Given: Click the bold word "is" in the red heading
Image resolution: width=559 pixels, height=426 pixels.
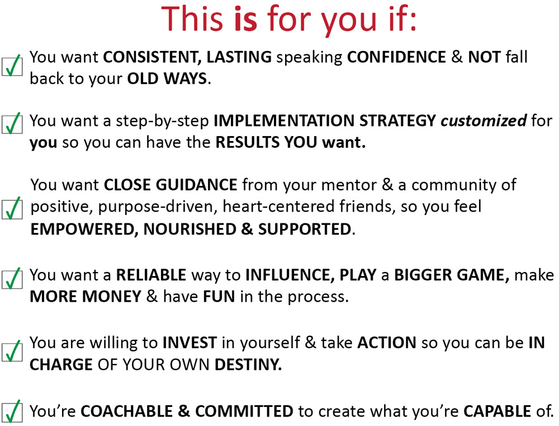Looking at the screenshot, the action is [245, 19].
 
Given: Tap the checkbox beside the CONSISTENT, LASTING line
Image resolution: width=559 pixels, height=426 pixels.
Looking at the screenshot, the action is [12, 66].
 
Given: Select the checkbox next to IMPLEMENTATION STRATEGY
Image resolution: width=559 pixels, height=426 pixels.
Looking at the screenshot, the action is [12, 124].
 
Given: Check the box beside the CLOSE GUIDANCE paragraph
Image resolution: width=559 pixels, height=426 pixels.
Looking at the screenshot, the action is [12, 208].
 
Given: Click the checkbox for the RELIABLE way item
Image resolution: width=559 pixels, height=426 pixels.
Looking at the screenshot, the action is [12, 279].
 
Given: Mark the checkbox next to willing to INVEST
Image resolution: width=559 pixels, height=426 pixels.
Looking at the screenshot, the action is [12, 352].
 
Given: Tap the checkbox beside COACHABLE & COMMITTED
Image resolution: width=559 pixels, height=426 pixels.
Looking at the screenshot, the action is [12, 411].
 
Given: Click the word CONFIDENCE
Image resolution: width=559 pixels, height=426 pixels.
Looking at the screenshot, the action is [396, 57].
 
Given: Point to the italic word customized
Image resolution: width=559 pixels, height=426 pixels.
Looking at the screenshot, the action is [484, 121].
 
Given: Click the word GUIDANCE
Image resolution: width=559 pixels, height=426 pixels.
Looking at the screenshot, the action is [196, 185].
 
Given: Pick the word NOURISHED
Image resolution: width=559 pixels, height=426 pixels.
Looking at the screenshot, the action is [190, 230].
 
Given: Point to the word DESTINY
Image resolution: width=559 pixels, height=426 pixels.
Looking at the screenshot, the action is [248, 364].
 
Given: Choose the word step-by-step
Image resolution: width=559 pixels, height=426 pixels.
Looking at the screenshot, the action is [162, 121].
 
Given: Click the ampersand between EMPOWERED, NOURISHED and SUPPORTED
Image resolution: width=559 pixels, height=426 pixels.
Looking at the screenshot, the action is [247, 230].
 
